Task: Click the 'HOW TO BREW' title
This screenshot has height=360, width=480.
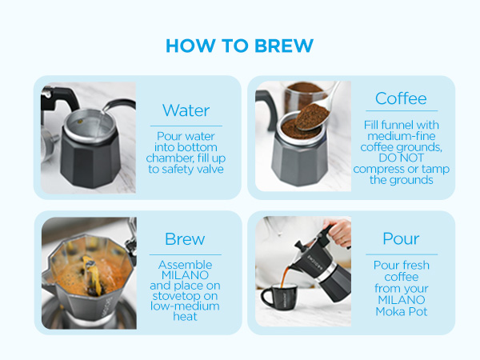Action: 239,46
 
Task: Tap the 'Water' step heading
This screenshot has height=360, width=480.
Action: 186,110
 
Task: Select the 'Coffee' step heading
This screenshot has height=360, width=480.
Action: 401,98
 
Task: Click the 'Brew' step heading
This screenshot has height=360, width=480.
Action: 185,239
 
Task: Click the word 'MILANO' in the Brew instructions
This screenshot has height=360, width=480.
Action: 185,274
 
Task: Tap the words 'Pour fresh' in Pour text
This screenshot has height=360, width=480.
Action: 402,265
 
